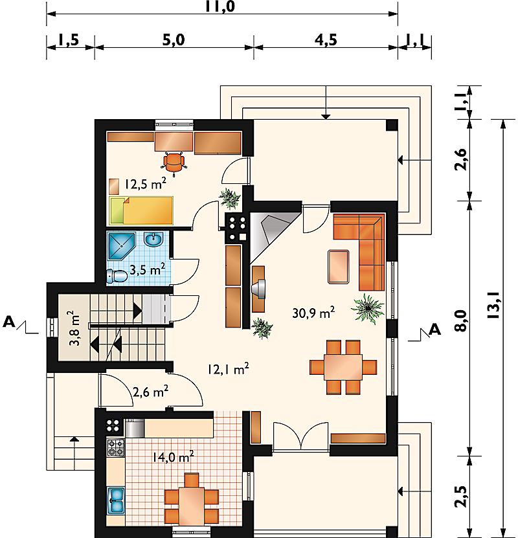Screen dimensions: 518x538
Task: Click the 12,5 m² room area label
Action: (146, 184)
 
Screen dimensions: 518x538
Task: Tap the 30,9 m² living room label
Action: (313, 312)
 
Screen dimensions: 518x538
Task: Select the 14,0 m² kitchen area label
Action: (174, 456)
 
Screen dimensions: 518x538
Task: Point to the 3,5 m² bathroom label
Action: (148, 269)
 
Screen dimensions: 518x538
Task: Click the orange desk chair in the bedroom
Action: (174, 163)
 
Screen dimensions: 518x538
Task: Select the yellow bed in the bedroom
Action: (141, 210)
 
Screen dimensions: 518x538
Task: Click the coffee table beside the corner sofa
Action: (339, 267)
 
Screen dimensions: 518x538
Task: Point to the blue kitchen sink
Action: (116, 500)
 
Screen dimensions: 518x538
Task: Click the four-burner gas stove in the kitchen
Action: (116, 448)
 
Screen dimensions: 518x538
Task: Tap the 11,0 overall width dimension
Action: (221, 7)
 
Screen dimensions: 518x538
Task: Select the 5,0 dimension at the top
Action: (174, 39)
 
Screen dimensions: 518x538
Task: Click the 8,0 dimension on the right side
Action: (462, 320)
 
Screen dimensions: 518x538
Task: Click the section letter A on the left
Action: (9, 322)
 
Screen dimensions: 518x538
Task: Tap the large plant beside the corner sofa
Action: (368, 308)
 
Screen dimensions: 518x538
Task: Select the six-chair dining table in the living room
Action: (343, 367)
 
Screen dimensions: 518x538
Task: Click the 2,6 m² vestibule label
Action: (151, 391)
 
